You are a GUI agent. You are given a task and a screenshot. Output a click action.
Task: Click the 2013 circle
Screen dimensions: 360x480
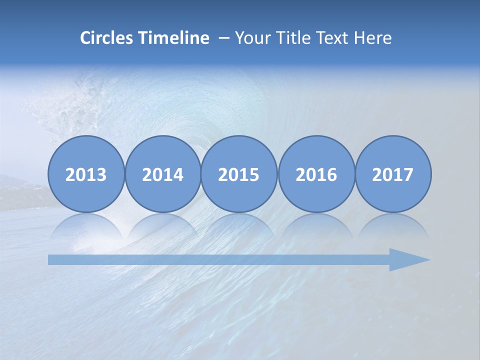click(86, 174)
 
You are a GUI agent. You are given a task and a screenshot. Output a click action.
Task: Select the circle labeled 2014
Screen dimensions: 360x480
click(162, 174)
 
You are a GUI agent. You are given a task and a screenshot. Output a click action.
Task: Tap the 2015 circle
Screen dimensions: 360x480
click(239, 174)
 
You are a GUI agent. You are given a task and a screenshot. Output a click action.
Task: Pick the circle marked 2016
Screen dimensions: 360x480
click(316, 174)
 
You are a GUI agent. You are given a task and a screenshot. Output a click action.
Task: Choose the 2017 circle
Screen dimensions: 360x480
click(392, 174)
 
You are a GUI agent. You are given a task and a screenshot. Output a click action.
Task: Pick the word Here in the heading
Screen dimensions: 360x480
click(373, 38)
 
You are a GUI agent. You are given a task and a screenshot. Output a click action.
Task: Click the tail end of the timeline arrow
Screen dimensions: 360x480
click(52, 259)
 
